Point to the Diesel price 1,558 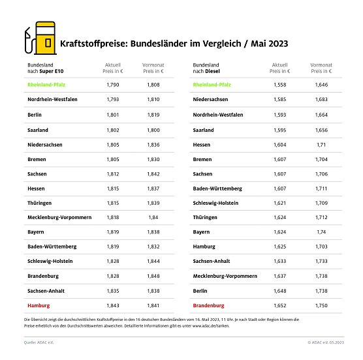coord(279,85)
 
